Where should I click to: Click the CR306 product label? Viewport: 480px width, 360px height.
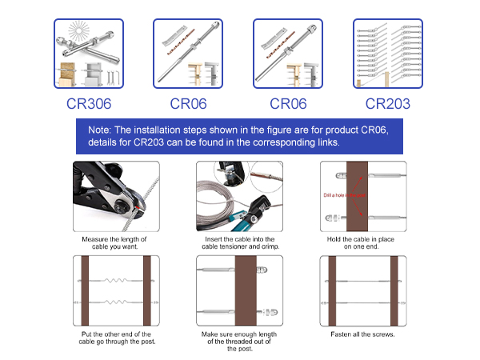tap(89, 102)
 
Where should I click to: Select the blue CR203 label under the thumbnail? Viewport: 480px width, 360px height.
tap(389, 102)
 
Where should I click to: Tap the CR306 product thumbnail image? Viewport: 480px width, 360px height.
tap(89, 54)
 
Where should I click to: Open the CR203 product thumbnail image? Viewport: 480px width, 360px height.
tap(389, 54)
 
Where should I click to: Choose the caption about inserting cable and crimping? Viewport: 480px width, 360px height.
tap(239, 244)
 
